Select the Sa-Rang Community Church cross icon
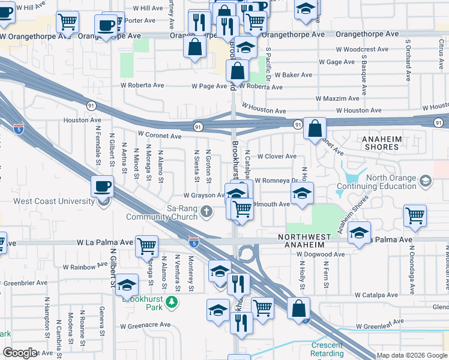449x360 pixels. (207, 211)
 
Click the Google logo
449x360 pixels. (20, 353)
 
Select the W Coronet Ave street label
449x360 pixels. (159, 136)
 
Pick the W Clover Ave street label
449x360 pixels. (277, 156)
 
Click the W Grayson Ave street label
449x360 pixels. (203, 195)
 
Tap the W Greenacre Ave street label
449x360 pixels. (145, 327)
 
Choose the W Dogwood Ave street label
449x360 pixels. (321, 254)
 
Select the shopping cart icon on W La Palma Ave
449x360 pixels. (146, 245)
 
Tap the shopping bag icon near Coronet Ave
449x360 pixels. (315, 128)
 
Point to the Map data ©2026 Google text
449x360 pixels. (411, 355)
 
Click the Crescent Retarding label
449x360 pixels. (327, 349)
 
